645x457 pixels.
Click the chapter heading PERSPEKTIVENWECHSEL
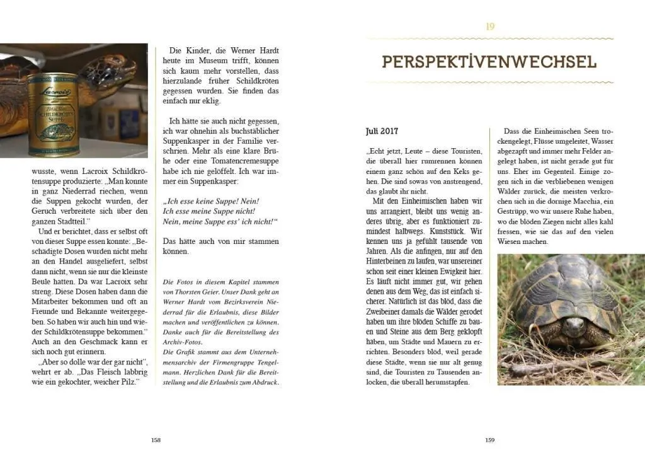pos(489,62)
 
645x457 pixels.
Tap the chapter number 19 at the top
pos(490,26)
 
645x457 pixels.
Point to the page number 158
pos(156,440)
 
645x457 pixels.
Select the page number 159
pos(489,440)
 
